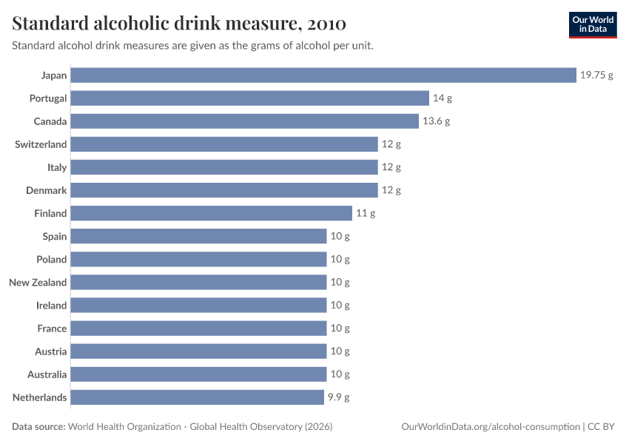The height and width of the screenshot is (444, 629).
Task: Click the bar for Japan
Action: (323, 75)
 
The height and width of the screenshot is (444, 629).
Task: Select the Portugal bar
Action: (250, 98)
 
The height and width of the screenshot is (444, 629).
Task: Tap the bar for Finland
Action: (212, 213)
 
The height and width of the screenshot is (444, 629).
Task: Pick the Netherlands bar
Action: (198, 397)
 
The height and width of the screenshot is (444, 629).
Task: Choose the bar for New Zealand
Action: (198, 283)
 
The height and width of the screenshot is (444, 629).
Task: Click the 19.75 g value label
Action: (596, 75)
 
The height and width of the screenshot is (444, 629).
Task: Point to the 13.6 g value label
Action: (436, 121)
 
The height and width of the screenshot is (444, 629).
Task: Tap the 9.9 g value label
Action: (339, 397)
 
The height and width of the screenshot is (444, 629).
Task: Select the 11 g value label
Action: (366, 213)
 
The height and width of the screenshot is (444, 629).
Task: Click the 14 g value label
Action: (443, 98)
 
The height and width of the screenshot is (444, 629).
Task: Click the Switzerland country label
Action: (41, 144)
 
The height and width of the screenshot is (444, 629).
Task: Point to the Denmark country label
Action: (46, 190)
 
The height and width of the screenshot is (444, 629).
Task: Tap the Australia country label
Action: (47, 374)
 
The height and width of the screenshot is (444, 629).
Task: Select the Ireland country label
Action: (51, 306)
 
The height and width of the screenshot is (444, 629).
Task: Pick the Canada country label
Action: (50, 121)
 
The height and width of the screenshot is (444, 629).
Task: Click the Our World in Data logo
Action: (593, 25)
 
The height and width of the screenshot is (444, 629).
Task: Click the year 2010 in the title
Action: (326, 24)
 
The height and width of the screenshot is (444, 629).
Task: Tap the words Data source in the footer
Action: (38, 427)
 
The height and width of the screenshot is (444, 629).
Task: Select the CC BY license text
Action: (601, 427)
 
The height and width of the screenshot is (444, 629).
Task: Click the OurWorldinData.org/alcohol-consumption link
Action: (491, 427)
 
